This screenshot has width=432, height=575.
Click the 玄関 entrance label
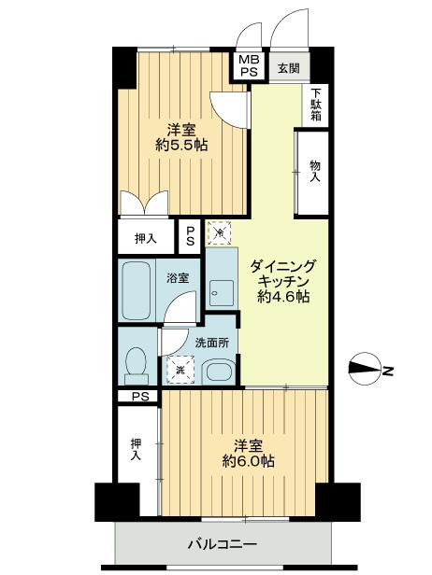click(288, 67)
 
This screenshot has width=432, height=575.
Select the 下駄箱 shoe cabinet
click(317, 105)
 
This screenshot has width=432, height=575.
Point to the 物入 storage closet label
click(315, 171)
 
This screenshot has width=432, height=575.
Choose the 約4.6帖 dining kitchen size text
click(284, 298)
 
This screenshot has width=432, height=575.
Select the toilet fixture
click(137, 363)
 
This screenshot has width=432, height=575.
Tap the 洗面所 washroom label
click(209, 343)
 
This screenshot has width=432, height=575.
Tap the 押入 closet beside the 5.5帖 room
click(146, 238)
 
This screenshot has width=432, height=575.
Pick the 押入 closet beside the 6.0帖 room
click(136, 452)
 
